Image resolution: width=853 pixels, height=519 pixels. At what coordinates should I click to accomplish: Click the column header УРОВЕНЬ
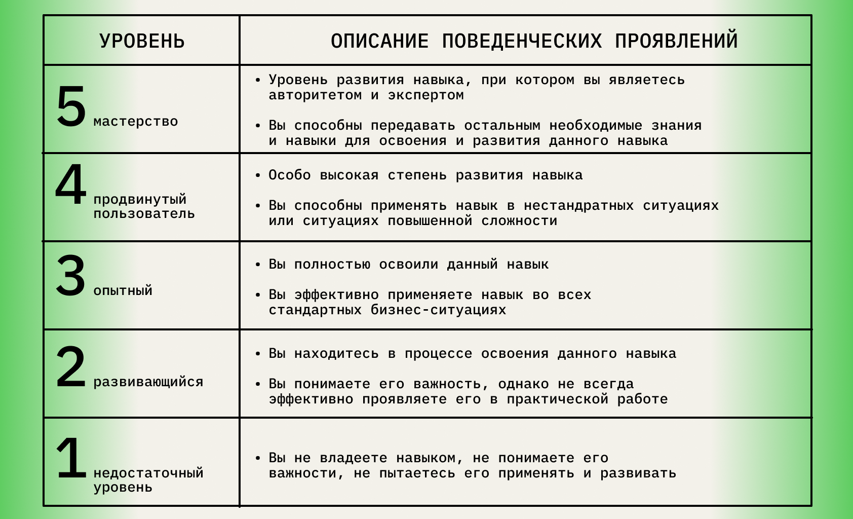coord(142,41)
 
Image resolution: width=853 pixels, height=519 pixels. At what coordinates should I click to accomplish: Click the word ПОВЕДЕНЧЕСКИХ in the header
coord(522,41)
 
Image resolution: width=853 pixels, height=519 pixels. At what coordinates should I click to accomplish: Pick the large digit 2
coord(71,367)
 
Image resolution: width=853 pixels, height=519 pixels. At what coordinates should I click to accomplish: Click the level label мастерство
coord(136,122)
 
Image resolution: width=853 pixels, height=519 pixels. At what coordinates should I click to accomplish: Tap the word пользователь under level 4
coord(144,213)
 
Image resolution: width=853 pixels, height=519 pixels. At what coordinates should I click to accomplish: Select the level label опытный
coord(123,291)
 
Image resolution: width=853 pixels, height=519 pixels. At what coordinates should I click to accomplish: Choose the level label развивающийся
coord(148,382)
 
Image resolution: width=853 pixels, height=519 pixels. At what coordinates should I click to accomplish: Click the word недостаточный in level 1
coord(148,473)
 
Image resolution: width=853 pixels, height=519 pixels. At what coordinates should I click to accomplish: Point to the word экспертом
coord(425,95)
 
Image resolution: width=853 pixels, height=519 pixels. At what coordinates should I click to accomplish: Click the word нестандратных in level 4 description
coord(578,206)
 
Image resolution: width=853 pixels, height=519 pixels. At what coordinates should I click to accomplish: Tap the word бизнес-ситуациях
coord(438,310)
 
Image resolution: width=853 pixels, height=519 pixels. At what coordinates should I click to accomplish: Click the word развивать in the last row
coord(638,473)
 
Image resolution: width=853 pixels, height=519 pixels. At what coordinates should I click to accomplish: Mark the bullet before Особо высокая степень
coord(258,176)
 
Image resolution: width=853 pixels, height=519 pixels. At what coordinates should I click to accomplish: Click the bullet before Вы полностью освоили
coord(258,265)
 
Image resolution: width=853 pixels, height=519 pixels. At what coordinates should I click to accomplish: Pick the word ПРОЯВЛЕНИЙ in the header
coord(676,41)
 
